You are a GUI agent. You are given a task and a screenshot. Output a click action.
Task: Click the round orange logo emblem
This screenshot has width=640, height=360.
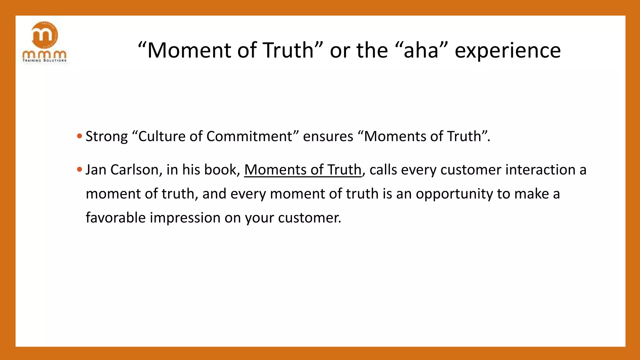click(45, 35)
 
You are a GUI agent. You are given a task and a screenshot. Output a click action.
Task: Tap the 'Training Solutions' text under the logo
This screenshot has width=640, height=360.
click(45, 60)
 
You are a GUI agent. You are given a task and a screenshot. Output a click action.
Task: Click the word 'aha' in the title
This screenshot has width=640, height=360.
click(421, 50)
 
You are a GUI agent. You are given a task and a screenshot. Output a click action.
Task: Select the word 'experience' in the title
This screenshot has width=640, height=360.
click(507, 50)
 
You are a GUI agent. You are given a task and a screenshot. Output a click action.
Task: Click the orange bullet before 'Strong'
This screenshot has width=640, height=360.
click(79, 136)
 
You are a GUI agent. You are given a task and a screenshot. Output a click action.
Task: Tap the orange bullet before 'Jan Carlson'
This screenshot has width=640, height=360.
click(79, 169)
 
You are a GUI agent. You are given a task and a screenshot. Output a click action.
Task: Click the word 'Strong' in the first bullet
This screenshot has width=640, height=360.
click(107, 137)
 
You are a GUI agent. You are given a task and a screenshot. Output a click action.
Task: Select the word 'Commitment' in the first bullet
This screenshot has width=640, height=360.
click(249, 137)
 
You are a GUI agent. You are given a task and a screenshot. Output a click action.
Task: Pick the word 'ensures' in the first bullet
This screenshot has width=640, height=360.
click(328, 137)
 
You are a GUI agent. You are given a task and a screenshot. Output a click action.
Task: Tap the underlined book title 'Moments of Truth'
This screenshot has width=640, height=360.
click(302, 170)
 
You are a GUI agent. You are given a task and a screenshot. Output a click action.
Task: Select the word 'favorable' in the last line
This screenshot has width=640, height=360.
click(116, 217)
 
